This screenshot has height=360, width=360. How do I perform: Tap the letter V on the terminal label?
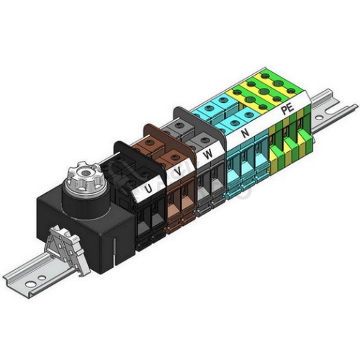[x=178, y=171]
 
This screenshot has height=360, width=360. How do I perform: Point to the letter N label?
[x=245, y=132]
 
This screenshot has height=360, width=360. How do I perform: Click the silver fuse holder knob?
[x=85, y=176]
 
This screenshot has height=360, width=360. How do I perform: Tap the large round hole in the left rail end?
[x=30, y=284]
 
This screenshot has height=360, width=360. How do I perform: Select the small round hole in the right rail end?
[x=319, y=118]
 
